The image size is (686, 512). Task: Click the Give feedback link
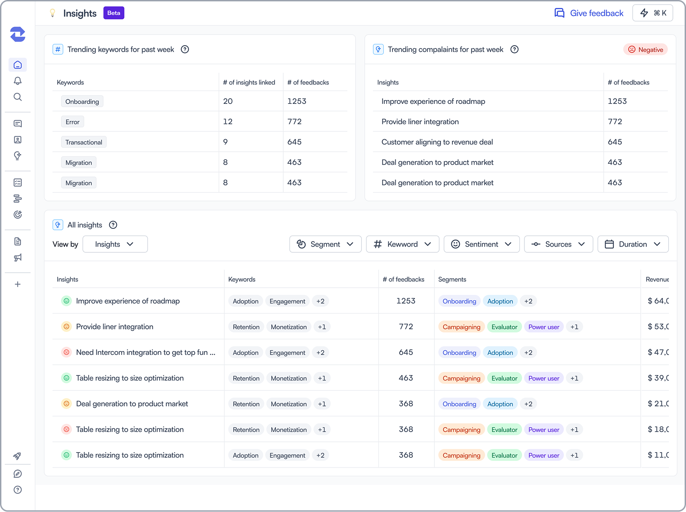coord(589,13)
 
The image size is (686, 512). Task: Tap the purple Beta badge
coord(114,13)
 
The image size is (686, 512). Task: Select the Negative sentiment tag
coord(646,49)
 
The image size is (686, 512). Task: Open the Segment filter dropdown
coord(325,244)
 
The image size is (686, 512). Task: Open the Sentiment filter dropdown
coord(481,244)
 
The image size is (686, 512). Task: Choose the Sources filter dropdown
coord(559,244)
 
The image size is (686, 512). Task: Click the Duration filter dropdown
coord(633,244)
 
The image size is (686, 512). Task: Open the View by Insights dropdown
coord(115,244)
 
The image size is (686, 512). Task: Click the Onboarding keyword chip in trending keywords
coord(82,101)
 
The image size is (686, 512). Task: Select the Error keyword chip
coord(73,122)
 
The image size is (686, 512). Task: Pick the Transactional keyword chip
coord(84,142)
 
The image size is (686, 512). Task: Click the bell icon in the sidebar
coord(18,81)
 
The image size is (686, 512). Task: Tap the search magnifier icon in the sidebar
coord(18,97)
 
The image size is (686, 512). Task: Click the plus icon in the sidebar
coord(18,284)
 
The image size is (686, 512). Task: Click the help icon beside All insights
coord(113,225)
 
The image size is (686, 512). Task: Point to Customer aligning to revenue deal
coord(437,142)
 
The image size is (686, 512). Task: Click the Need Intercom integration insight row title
coord(146,352)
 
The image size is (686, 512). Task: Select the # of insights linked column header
coord(249,82)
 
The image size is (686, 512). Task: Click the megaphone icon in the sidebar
coord(18,258)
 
